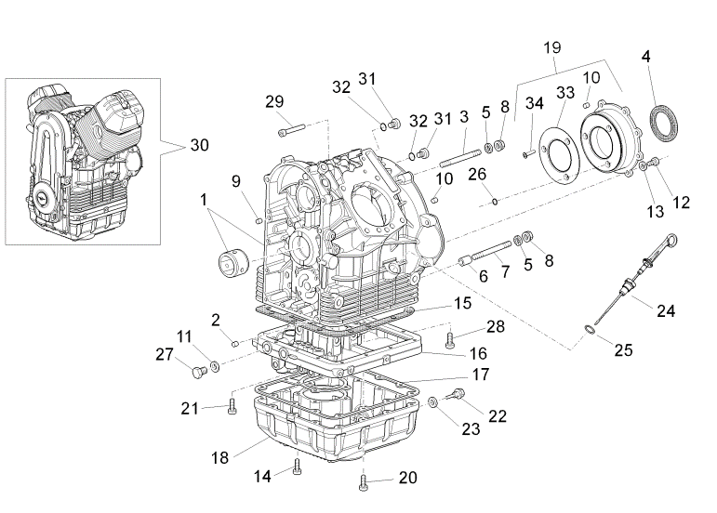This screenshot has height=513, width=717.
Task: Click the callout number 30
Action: tap(199, 145)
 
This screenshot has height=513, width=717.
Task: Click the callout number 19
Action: tap(551, 46)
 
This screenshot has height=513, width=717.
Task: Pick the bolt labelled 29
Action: tap(292, 127)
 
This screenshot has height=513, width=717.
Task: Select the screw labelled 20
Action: tap(363, 480)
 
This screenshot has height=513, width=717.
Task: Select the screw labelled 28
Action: tap(452, 335)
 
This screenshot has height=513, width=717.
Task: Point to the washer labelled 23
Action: tap(433, 402)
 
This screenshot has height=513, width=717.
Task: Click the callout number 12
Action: tap(682, 201)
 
